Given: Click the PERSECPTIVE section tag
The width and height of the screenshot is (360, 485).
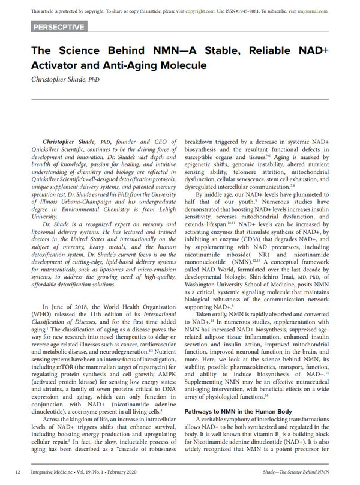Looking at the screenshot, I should point(58,26).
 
